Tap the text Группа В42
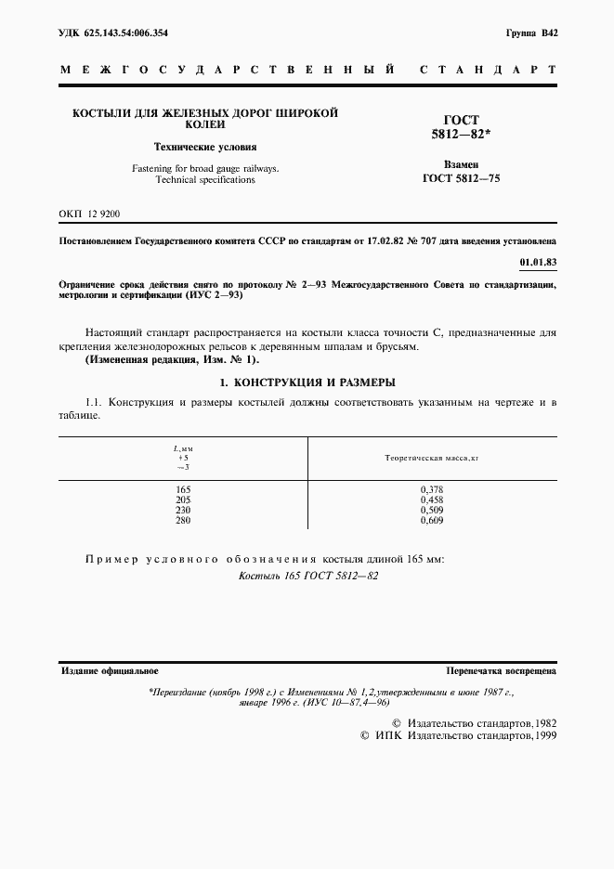coord(531,32)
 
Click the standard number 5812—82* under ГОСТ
coord(462,136)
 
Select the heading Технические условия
coord(205,147)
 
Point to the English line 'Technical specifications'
coord(205,179)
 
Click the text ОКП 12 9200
coord(89,214)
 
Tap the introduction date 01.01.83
coord(539,261)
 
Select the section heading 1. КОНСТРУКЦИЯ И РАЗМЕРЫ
coord(307,383)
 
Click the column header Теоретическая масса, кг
coord(431,459)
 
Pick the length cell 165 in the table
coord(183,488)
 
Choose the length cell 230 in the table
coord(183,510)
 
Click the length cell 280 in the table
coord(183,520)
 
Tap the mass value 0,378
coord(431,488)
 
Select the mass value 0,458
coord(431,499)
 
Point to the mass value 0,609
coord(431,520)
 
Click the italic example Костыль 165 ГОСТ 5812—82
coord(307,576)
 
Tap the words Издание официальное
coord(110,670)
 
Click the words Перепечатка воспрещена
coord(501,670)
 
